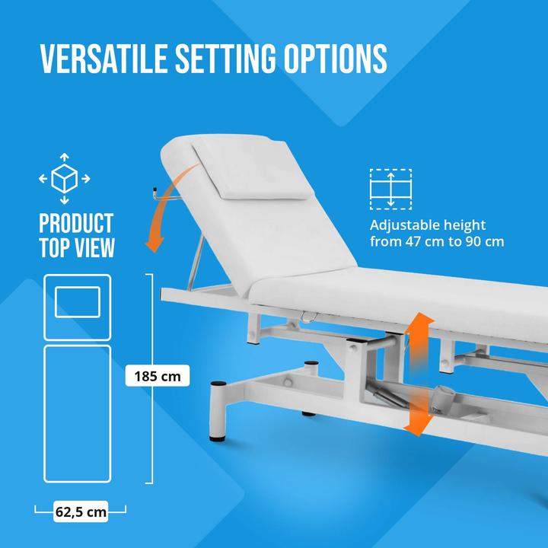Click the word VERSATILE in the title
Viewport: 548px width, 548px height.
(x=99, y=58)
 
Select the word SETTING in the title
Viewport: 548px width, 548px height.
(x=222, y=58)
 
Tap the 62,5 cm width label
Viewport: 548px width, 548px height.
(x=81, y=511)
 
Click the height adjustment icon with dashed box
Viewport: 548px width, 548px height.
(x=390, y=188)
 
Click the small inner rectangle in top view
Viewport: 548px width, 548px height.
(x=78, y=302)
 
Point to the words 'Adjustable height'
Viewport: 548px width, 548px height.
(x=427, y=225)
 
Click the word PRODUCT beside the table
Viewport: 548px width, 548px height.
(x=76, y=224)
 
